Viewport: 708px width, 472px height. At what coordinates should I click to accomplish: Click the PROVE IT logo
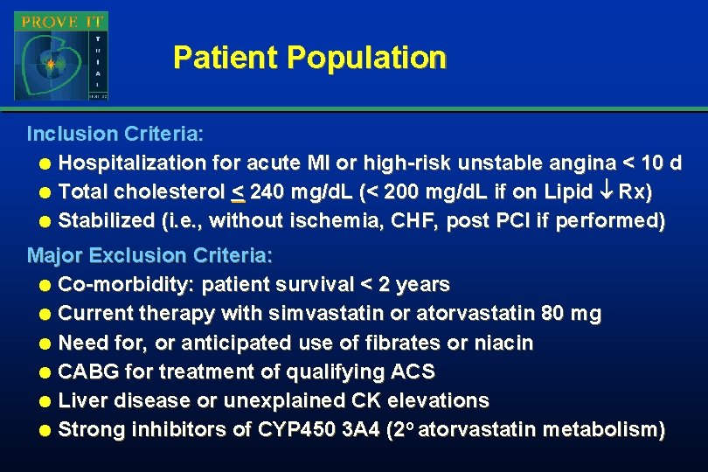click(60, 55)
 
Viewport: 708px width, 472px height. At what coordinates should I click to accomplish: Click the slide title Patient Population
click(309, 58)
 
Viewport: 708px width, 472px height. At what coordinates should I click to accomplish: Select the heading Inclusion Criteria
click(115, 135)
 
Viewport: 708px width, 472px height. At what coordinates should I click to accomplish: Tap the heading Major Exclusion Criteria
click(150, 256)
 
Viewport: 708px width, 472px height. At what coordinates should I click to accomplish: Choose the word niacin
click(503, 343)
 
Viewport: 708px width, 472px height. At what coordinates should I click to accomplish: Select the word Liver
click(82, 400)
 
